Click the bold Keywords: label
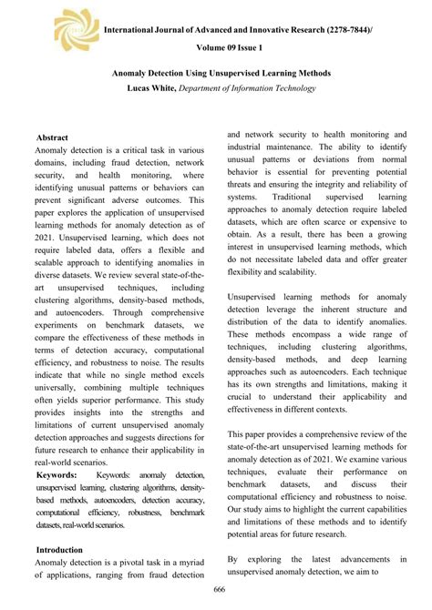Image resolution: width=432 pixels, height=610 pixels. click(61, 475)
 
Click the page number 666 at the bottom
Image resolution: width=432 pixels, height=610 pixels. click(216, 594)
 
